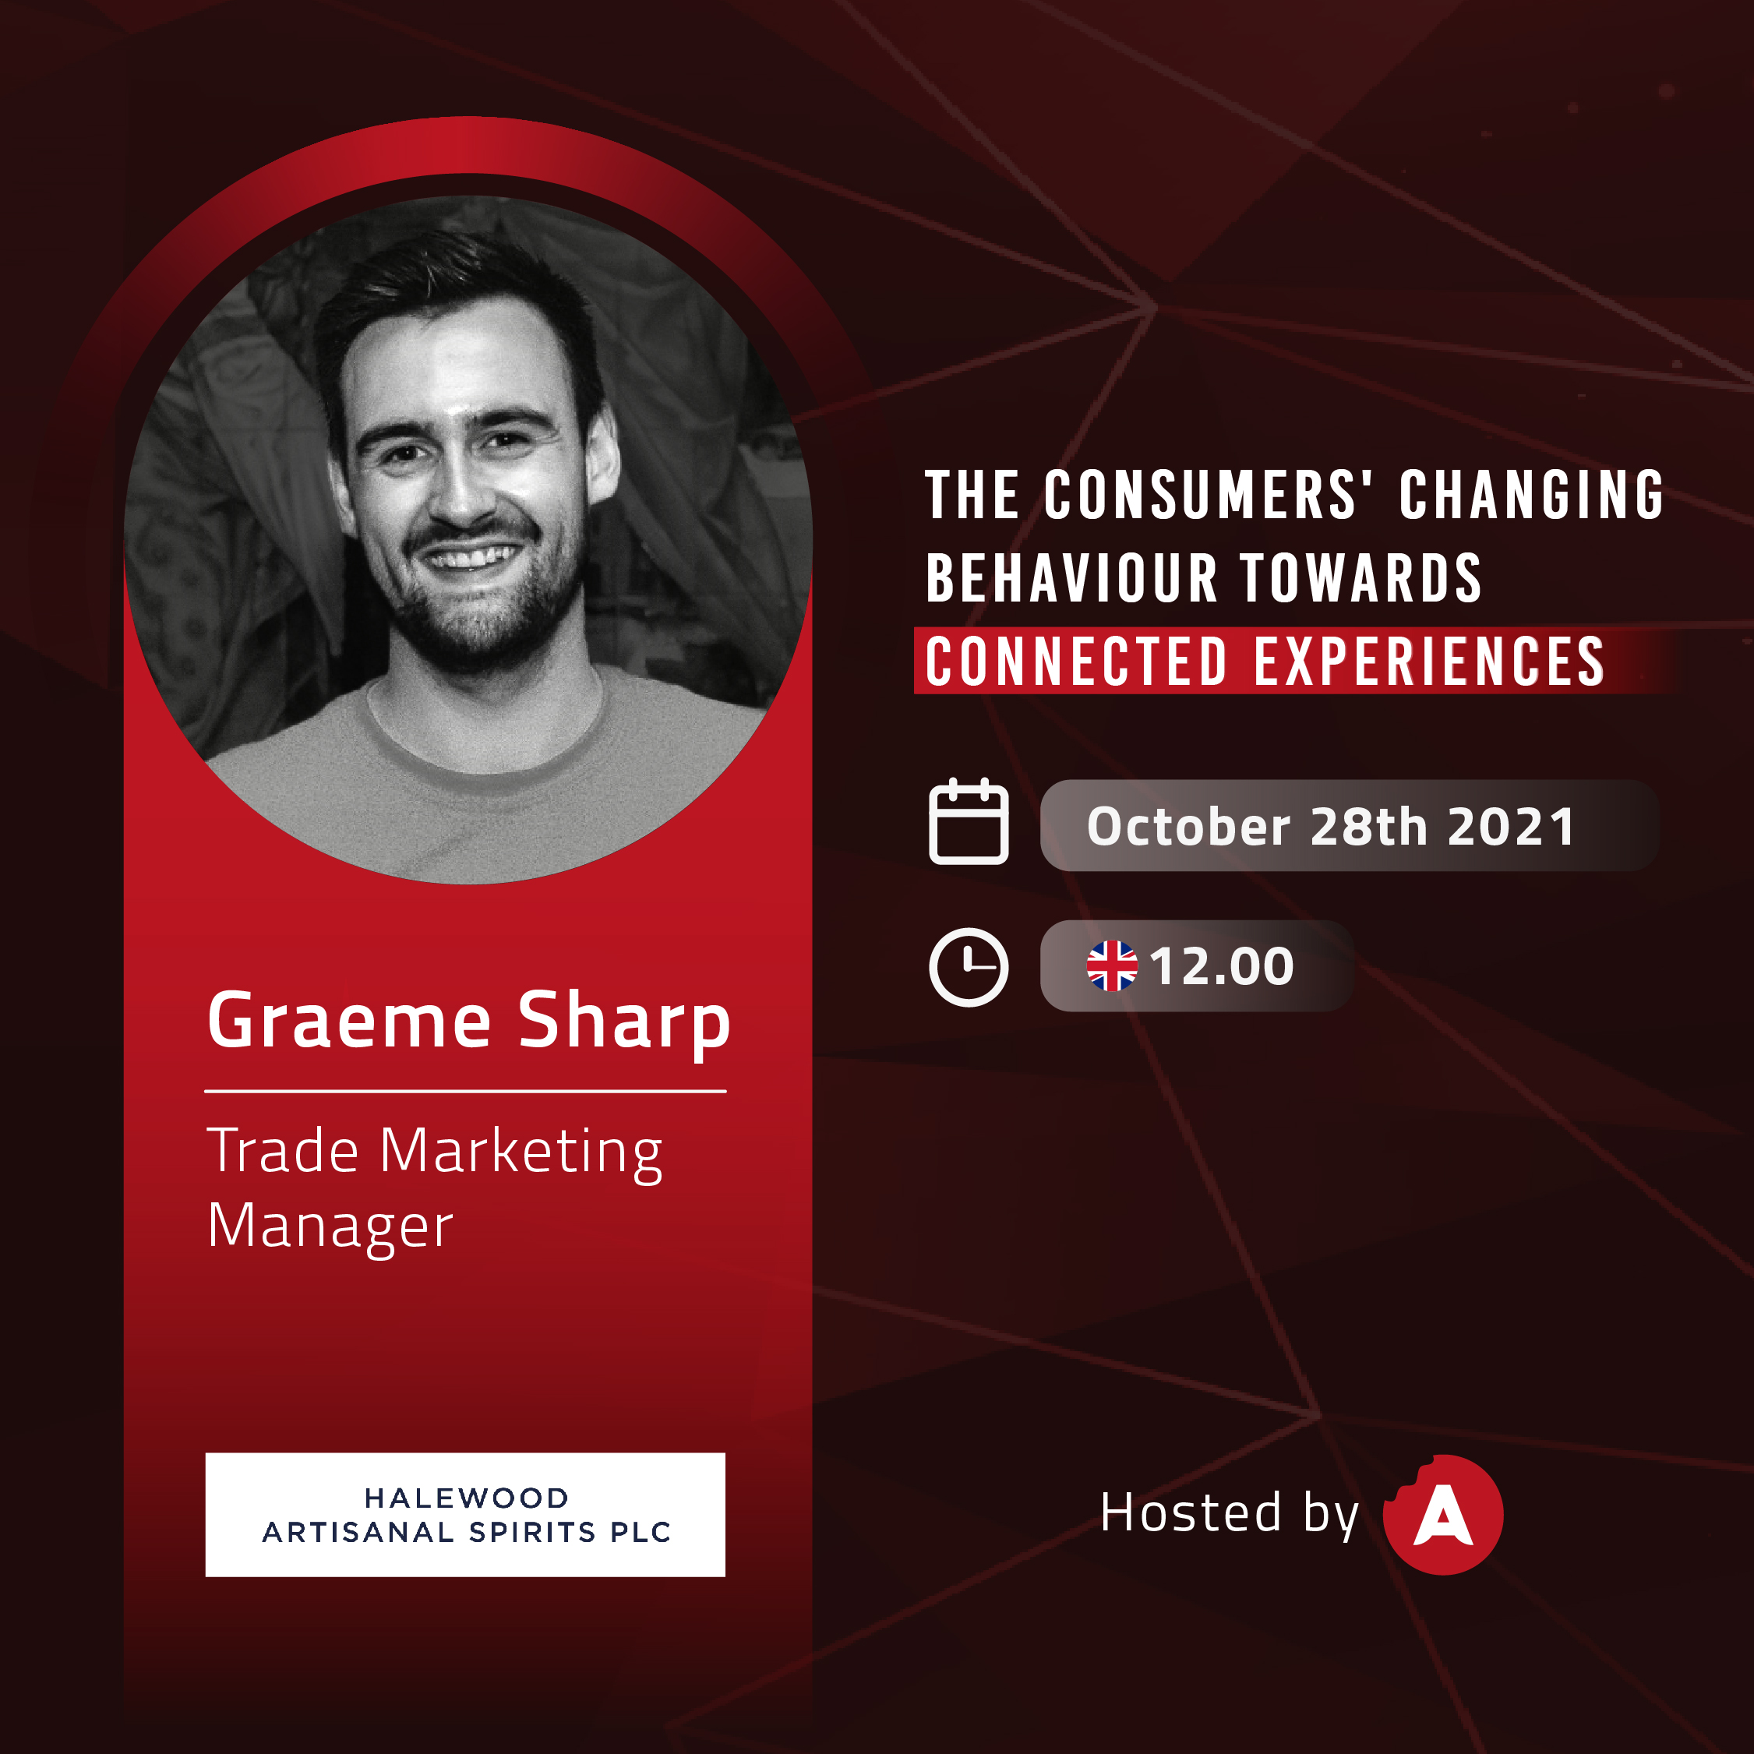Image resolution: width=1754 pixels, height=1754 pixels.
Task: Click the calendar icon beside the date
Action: coord(969,821)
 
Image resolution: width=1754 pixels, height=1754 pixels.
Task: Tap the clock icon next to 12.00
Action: coord(969,967)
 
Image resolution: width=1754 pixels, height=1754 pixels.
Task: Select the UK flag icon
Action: coord(1112,966)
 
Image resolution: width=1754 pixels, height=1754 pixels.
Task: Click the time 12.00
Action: coord(1222,966)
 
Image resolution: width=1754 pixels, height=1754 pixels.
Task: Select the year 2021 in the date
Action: coord(1512,826)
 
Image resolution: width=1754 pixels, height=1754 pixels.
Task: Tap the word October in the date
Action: coord(1188,826)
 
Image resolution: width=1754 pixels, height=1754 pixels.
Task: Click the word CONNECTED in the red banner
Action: coord(1077,662)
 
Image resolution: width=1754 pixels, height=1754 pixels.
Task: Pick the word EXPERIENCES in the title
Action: coord(1429,662)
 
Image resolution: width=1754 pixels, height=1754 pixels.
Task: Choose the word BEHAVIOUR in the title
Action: coord(1071,578)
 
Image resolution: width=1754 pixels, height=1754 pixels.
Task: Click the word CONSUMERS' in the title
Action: coord(1209,495)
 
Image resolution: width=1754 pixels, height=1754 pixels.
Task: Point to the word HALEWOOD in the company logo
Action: coord(467,1498)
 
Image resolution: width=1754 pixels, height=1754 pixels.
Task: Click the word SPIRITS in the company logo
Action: coord(532,1533)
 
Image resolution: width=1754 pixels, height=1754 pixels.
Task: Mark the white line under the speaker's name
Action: coord(466,1091)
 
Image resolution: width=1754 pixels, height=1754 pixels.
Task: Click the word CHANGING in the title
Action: coord(1532,495)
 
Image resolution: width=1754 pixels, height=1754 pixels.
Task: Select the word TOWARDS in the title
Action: coord(1361,578)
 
